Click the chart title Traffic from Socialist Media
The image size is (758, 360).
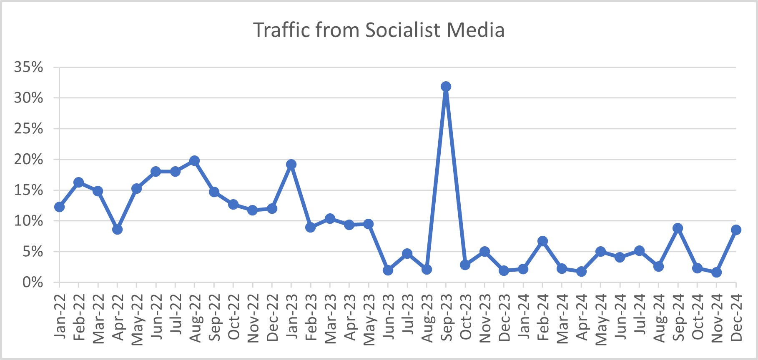[379, 30]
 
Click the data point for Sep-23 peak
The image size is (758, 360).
[446, 87]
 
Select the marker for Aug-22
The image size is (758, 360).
[194, 160]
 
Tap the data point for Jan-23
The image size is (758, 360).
[291, 164]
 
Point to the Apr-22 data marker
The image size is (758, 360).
[117, 230]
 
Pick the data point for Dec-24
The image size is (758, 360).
[736, 230]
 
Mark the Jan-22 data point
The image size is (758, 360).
[59, 207]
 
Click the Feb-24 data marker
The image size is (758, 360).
[542, 241]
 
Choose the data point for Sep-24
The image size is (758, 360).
[678, 228]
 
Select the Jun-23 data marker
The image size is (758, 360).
[388, 270]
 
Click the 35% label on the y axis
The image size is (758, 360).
[28, 67]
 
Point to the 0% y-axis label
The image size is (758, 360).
[33, 282]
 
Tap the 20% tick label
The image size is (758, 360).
[28, 159]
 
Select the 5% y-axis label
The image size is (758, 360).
[33, 252]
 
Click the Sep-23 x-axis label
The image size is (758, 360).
[446, 317]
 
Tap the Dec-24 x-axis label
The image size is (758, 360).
[736, 317]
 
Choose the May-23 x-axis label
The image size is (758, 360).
[369, 320]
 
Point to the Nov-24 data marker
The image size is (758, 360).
[716, 272]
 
